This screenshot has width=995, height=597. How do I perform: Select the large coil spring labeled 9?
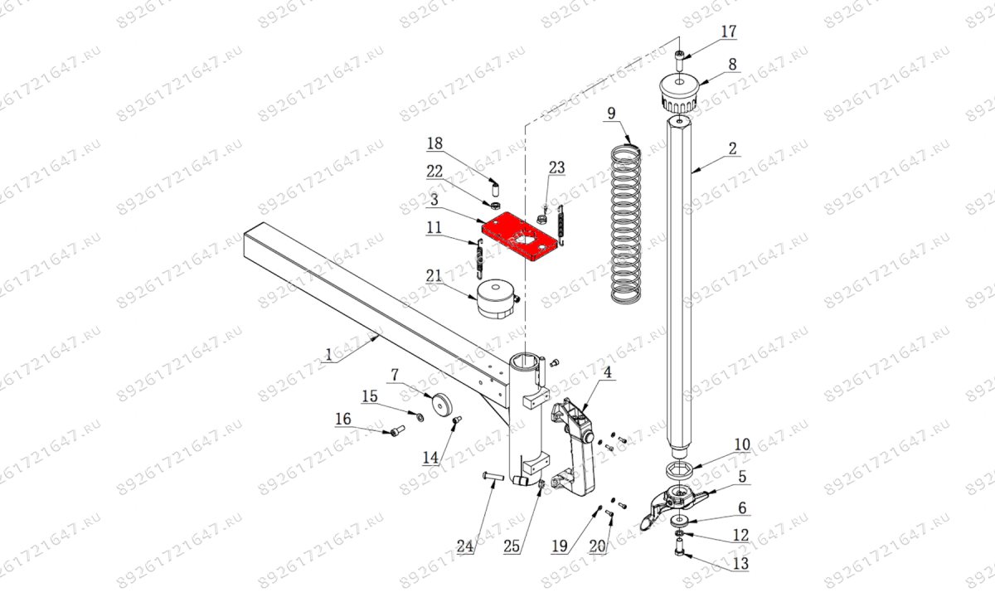(x=626, y=223)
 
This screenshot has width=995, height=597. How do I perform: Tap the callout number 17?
(x=728, y=32)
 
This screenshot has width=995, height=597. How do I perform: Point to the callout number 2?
(x=732, y=148)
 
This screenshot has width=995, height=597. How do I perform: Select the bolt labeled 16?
(x=86, y=430)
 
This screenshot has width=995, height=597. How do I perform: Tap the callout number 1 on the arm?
(x=328, y=355)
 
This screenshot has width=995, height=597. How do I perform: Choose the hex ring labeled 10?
(x=679, y=469)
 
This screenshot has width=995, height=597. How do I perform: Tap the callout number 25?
(x=512, y=546)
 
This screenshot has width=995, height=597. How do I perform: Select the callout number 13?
(x=740, y=564)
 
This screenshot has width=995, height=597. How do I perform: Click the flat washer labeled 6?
(x=680, y=519)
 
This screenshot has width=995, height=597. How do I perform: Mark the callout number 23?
(x=557, y=167)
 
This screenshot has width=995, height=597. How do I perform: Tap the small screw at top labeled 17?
(x=680, y=60)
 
